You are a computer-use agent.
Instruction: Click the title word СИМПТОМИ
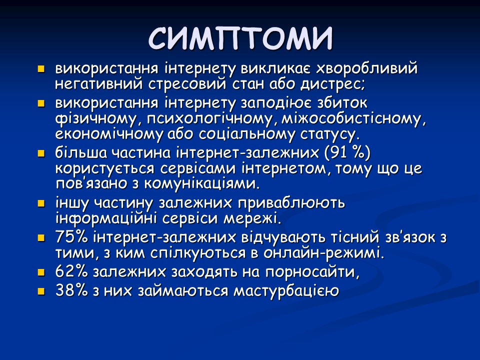(240, 37)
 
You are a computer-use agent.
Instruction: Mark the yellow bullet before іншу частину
(41, 204)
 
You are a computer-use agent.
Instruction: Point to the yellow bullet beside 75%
(41, 238)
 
